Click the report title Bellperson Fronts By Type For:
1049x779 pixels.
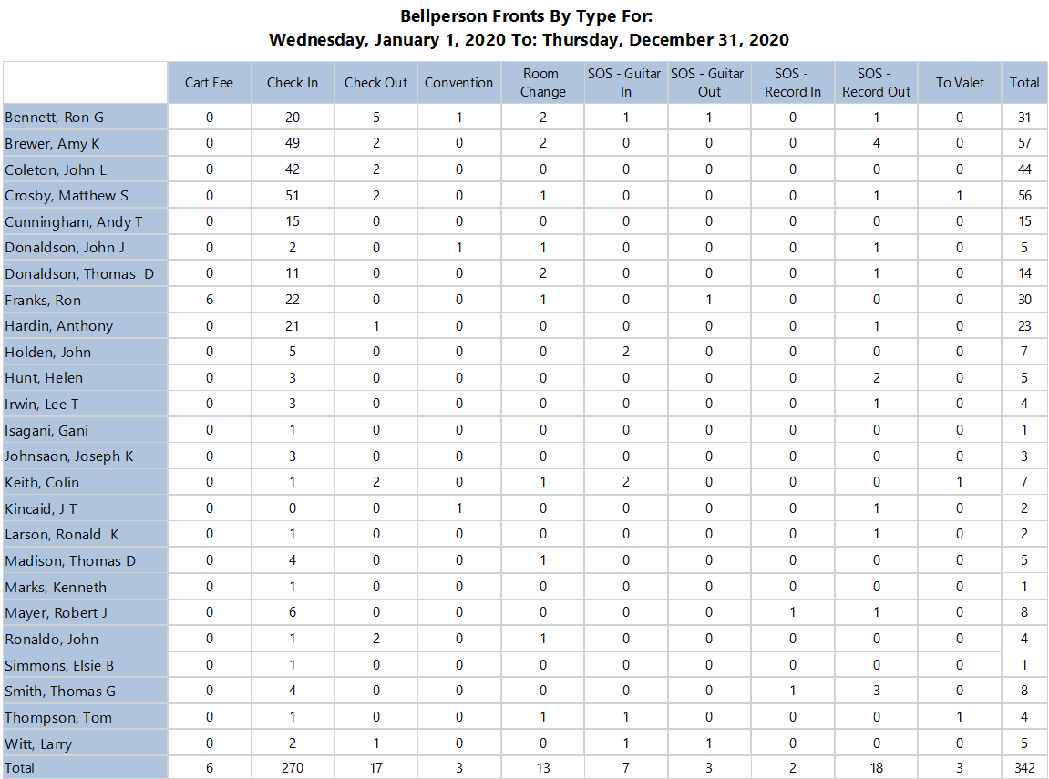[x=527, y=16]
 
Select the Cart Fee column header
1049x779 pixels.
[x=209, y=83]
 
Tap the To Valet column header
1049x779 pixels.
[x=960, y=83]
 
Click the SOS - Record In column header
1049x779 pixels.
[x=793, y=83]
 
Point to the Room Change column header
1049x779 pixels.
[x=543, y=83]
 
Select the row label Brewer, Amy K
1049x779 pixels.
[x=52, y=143]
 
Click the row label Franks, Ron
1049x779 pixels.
[x=43, y=300]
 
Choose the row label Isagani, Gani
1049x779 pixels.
[x=46, y=430]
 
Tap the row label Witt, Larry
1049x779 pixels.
[x=38, y=743]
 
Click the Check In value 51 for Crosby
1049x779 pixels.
[x=293, y=196]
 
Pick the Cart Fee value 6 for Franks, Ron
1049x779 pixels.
[x=210, y=300]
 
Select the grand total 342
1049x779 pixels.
[x=1024, y=768]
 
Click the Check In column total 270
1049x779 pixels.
[x=293, y=768]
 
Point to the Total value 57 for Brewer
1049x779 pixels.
[x=1024, y=143]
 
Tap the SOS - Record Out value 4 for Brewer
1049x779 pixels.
[x=876, y=143]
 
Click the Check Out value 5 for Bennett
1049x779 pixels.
[x=376, y=118]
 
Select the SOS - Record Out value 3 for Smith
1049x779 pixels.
[x=876, y=691]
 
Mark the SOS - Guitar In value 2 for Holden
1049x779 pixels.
[x=626, y=352]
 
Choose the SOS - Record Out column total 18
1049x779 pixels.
[x=876, y=768]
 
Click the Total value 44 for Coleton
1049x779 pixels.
[x=1024, y=169]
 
